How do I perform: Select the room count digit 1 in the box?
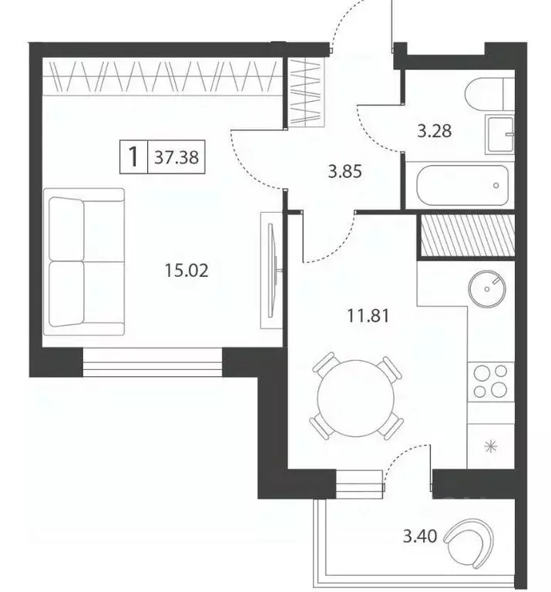(133, 157)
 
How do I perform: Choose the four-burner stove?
(491, 381)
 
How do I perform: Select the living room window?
(153, 361)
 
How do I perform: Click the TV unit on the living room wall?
(272, 269)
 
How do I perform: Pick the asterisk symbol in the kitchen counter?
(489, 446)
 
